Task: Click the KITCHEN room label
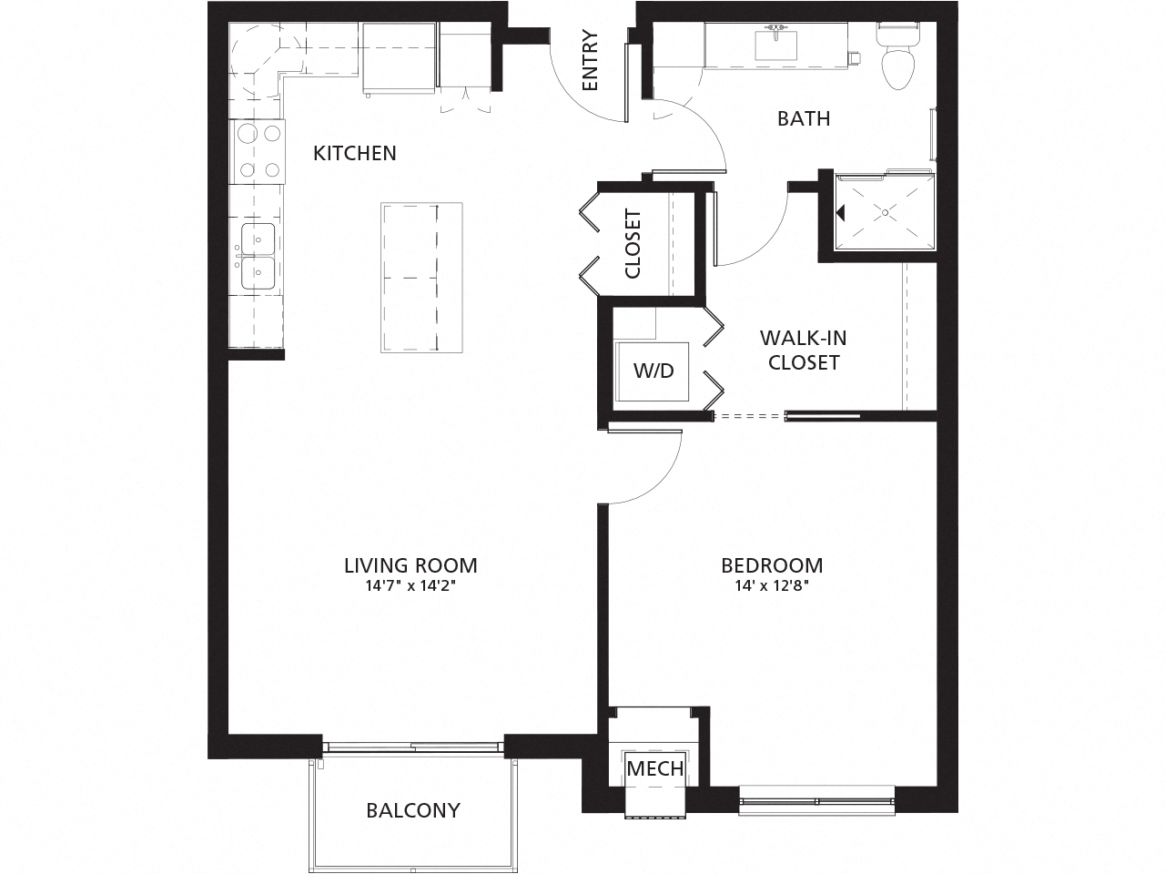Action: coord(355,153)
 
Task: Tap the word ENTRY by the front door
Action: coord(590,61)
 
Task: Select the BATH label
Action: coord(804,118)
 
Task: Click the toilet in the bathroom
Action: coord(897,60)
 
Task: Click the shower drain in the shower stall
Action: coord(885,211)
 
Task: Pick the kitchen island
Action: coord(421,278)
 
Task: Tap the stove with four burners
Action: coord(258,150)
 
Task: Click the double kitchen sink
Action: coord(258,256)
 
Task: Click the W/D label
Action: coord(653,371)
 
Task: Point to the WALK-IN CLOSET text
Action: coord(803,351)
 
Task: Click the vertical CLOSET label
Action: coord(633,244)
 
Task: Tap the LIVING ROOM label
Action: coord(410,565)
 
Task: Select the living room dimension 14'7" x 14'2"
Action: coord(410,587)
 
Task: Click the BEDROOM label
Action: coord(772,565)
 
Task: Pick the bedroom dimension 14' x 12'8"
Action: coord(772,587)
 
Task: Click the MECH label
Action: coord(655,768)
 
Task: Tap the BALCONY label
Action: coord(413,810)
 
